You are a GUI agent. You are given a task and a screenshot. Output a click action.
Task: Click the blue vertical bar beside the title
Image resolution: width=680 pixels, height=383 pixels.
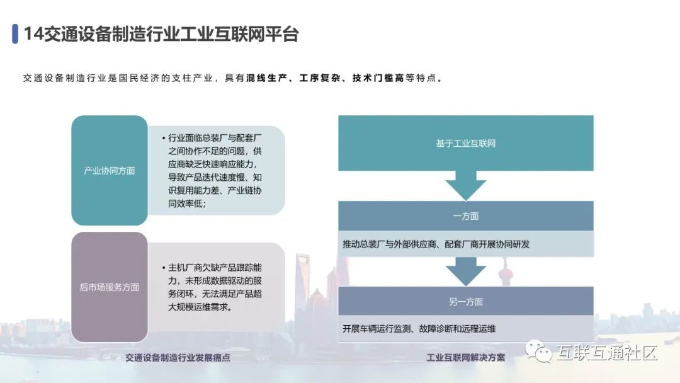pyautogui.click(x=14, y=34)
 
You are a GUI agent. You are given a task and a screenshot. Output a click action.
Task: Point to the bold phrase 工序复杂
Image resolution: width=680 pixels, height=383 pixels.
pyautogui.click(x=320, y=79)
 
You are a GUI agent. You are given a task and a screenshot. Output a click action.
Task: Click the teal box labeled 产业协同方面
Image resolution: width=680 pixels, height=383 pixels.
pyautogui.click(x=109, y=171)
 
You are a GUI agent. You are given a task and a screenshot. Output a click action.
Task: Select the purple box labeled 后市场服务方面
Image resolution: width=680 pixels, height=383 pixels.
pyautogui.click(x=109, y=287)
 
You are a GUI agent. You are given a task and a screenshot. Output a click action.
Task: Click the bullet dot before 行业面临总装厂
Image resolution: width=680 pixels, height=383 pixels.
pyautogui.click(x=162, y=138)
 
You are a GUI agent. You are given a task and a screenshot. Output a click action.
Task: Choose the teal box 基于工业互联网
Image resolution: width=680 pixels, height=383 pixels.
pyautogui.click(x=465, y=143)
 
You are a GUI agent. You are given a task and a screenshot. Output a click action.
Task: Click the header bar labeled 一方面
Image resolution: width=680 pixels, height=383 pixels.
pyautogui.click(x=465, y=216)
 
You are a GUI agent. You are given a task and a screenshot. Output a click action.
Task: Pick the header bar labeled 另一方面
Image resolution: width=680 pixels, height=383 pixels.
pyautogui.click(x=465, y=302)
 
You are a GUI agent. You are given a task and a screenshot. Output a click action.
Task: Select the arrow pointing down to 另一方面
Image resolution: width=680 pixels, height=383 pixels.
pyautogui.click(x=465, y=272)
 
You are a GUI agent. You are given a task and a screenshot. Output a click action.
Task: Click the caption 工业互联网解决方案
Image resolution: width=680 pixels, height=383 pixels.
pyautogui.click(x=465, y=357)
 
